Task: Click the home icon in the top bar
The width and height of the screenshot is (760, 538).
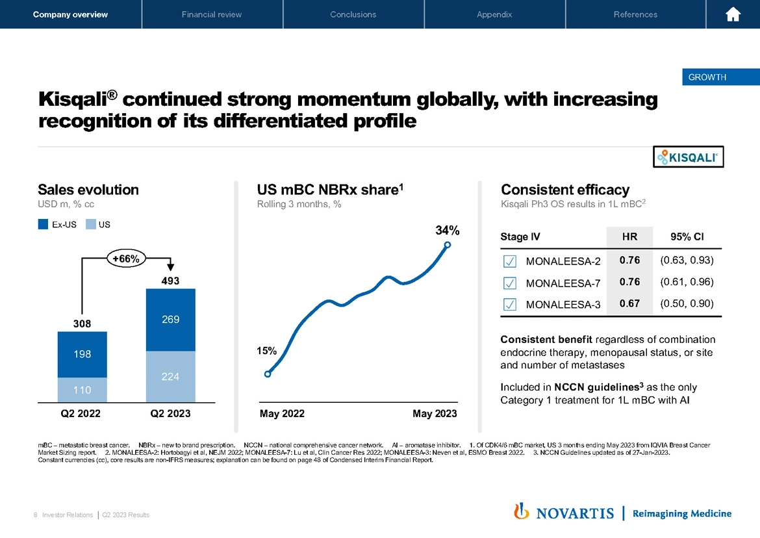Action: (x=733, y=14)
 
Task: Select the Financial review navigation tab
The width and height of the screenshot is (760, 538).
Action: (x=212, y=14)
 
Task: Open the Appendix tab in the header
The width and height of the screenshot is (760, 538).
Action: (x=494, y=14)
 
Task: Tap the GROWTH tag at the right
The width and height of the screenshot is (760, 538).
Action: (x=707, y=77)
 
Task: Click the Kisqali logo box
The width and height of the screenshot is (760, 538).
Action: (x=688, y=157)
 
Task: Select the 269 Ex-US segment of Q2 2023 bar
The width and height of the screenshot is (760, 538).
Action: (x=170, y=320)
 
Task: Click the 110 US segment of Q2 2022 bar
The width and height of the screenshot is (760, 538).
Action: (x=82, y=390)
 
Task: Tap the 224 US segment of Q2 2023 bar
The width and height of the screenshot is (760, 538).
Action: (x=170, y=377)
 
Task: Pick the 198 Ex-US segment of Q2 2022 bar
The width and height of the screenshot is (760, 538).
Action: (x=82, y=354)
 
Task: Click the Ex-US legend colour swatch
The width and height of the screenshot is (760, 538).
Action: (x=44, y=225)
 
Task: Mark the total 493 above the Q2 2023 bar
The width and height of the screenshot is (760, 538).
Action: (x=170, y=281)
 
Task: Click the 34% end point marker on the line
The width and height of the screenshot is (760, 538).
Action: (x=447, y=245)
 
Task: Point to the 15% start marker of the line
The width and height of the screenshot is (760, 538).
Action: (x=268, y=374)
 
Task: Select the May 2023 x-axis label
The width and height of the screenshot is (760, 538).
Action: (x=435, y=414)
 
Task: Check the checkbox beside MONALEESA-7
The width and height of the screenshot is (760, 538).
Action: (x=510, y=283)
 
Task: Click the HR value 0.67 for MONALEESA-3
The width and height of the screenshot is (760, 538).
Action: (x=629, y=303)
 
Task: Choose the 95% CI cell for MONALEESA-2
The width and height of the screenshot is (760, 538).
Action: (x=687, y=261)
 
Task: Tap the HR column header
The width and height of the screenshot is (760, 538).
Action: (x=629, y=237)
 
